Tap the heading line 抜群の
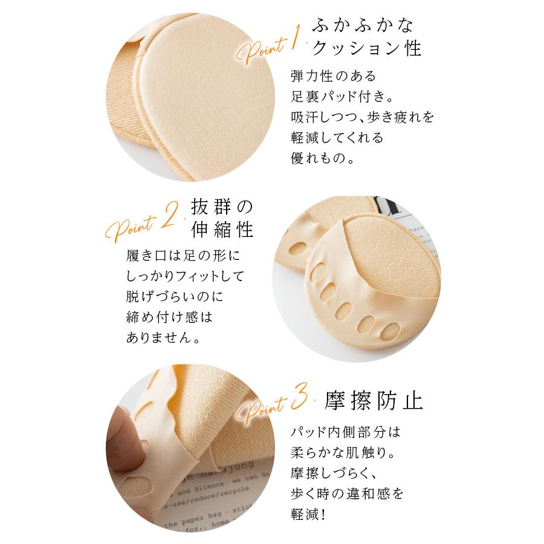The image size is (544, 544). pos(220,206)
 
